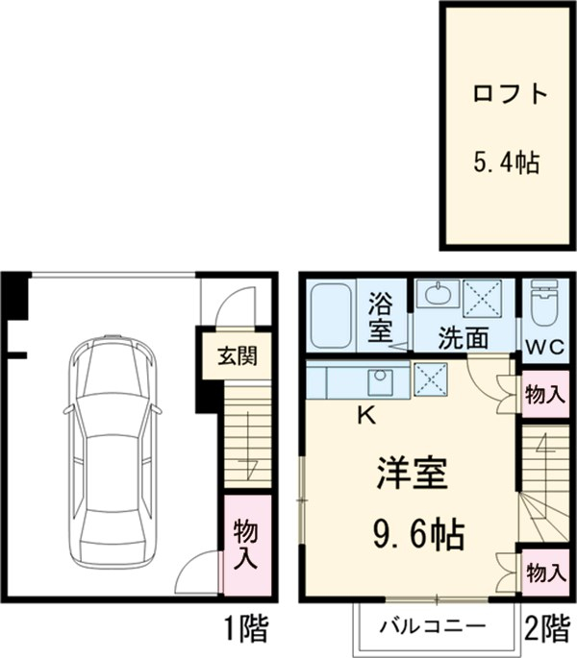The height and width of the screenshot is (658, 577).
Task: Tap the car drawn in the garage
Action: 109,451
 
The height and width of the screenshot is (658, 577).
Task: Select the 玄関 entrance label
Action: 235,355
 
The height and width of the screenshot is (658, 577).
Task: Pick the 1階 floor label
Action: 247,629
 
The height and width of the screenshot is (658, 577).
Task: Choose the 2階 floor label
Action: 545,629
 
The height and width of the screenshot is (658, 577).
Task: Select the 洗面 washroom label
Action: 464,339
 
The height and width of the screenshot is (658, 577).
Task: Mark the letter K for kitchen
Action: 365,415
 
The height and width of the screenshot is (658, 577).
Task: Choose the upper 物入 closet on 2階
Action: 545,395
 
